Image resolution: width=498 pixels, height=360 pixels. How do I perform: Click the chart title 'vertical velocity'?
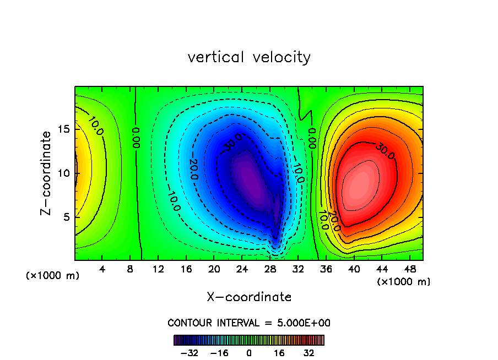(x=249, y=57)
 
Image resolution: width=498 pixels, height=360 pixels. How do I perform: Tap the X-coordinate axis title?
(x=249, y=297)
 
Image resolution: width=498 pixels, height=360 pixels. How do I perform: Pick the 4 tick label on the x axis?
(x=102, y=269)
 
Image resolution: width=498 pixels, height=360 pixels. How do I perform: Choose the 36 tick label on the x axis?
(x=326, y=269)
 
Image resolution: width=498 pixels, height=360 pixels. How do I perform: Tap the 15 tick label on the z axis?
(x=64, y=129)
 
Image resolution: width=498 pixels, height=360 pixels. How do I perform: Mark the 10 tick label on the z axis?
(x=64, y=173)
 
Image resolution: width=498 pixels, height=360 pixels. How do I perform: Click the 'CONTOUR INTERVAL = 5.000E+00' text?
(x=249, y=323)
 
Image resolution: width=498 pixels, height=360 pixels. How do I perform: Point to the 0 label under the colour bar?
(x=249, y=352)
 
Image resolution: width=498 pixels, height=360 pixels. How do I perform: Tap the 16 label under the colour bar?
(x=279, y=352)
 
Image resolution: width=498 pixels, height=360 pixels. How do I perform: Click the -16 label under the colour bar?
(x=220, y=352)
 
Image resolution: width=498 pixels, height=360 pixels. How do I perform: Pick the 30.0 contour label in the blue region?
(x=232, y=142)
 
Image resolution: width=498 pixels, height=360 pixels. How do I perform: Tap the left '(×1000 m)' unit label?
(x=53, y=276)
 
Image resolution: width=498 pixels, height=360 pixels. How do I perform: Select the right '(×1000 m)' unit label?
(x=404, y=282)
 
